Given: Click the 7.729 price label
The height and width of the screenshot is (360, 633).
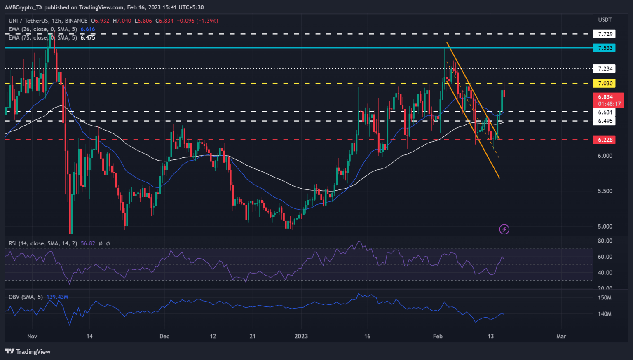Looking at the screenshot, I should (605, 34).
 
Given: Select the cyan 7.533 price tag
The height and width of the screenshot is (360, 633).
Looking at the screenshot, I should (605, 48).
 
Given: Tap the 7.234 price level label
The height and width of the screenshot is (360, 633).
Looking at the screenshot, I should (605, 69).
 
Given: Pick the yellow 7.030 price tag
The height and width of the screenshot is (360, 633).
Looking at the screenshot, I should (605, 83).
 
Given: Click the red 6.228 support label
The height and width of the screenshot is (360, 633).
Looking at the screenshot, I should (605, 140).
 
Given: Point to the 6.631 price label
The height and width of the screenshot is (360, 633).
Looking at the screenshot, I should (605, 112).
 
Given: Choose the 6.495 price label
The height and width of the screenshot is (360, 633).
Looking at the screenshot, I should (605, 121).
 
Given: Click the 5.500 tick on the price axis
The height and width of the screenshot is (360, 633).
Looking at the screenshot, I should (605, 191).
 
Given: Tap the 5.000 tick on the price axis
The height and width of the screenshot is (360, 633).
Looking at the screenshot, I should (605, 227).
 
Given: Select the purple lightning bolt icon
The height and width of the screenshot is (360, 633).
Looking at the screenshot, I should (504, 229).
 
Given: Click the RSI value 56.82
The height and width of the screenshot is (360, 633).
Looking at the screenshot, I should (88, 243).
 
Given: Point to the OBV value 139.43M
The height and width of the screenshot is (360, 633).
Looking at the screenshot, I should (57, 297).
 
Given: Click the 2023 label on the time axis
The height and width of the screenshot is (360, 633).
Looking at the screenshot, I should (301, 336).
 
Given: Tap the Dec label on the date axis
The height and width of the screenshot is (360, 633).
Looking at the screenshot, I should (164, 336).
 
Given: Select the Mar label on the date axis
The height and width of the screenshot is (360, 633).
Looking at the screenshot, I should (561, 336).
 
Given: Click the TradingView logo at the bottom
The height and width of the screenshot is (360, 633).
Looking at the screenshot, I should (28, 351).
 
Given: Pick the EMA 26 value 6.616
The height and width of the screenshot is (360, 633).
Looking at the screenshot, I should (87, 29).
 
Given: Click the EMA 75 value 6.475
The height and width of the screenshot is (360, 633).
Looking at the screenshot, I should (87, 37).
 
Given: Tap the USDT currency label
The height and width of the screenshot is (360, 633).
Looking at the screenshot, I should (605, 20).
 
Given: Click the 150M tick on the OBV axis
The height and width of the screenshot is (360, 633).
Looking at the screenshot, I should (605, 297).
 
